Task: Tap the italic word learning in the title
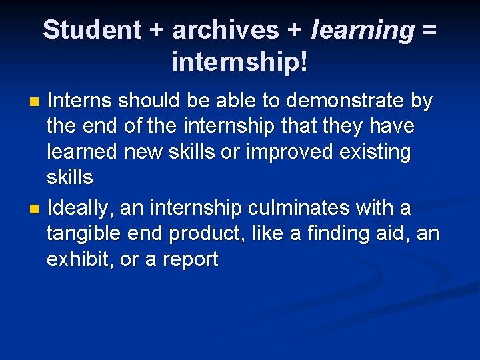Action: pyautogui.click(x=363, y=30)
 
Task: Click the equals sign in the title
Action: pyautogui.click(x=430, y=30)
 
